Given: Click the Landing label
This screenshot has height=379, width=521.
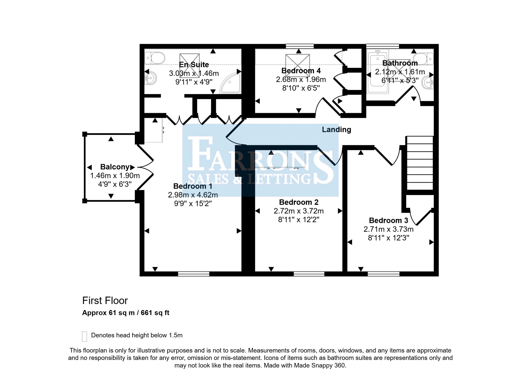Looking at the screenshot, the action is pyautogui.click(x=336, y=129).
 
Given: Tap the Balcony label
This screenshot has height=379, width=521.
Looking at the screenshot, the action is pyautogui.click(x=115, y=167).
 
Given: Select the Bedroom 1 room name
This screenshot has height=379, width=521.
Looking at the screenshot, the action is pyautogui.click(x=193, y=186).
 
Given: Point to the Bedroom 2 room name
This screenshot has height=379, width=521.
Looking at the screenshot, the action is pyautogui.click(x=298, y=202).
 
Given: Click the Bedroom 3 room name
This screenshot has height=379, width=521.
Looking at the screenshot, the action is pyautogui.click(x=388, y=221).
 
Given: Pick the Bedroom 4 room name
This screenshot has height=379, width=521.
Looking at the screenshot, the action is pyautogui.click(x=301, y=71).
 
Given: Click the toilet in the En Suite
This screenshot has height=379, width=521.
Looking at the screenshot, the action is pyautogui.click(x=155, y=58).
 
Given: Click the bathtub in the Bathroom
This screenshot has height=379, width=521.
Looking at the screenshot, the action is pyautogui.click(x=377, y=72).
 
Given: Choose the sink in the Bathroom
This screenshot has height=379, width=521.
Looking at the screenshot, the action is pyautogui.click(x=428, y=82).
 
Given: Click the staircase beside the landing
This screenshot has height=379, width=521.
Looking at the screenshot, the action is pyautogui.click(x=420, y=163).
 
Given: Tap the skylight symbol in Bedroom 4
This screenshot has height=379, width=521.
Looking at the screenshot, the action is pyautogui.click(x=297, y=65).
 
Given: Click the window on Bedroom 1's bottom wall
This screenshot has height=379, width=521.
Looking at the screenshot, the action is pyautogui.click(x=194, y=274).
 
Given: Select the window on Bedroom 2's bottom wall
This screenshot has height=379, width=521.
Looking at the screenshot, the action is pyautogui.click(x=309, y=274).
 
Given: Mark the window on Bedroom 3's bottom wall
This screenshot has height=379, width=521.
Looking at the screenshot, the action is pyautogui.click(x=383, y=274).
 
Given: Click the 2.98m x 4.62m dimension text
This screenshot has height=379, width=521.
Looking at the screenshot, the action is pyautogui.click(x=193, y=195).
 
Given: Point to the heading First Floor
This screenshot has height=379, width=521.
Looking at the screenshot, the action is pyautogui.click(x=105, y=301).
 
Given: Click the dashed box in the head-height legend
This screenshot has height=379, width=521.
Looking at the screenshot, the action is pyautogui.click(x=84, y=337).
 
